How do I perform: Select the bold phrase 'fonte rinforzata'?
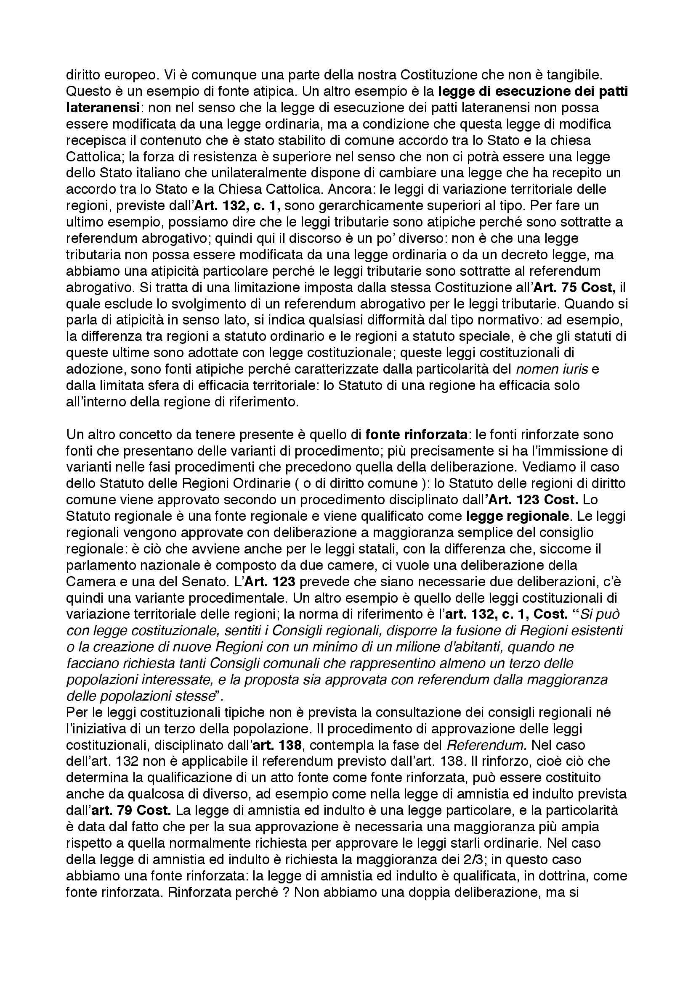[x=416, y=434]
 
